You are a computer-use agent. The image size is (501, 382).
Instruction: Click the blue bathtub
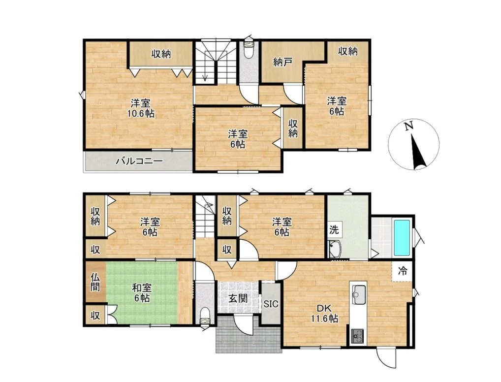click(402, 237)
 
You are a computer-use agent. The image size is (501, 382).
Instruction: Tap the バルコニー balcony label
click(139, 161)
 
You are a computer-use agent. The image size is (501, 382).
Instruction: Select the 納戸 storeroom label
click(282, 63)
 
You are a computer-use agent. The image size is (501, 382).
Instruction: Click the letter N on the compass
click(408, 126)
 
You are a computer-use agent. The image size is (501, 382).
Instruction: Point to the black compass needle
click(418, 152)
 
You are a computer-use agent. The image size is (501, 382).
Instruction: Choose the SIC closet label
click(271, 304)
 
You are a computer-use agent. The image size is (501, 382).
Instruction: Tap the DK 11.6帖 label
click(325, 313)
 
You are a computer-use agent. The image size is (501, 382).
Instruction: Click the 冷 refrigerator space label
click(403, 271)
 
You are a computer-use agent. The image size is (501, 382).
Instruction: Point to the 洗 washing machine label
click(334, 229)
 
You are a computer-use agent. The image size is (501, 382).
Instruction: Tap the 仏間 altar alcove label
click(94, 282)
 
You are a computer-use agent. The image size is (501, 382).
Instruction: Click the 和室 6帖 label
click(142, 293)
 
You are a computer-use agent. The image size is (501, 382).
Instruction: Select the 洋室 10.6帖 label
click(141, 108)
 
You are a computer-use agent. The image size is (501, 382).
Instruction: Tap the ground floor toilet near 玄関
click(205, 317)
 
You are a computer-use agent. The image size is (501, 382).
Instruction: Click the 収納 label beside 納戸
click(347, 51)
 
